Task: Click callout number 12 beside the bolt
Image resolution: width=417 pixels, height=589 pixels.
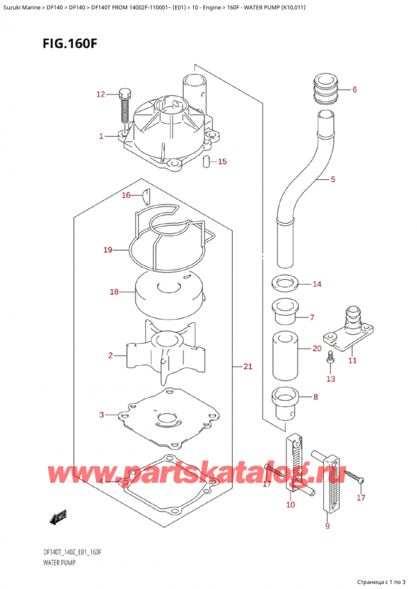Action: click(101, 94)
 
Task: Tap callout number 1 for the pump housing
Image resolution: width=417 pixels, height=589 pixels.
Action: click(101, 136)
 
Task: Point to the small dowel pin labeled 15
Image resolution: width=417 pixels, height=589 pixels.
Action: click(206, 163)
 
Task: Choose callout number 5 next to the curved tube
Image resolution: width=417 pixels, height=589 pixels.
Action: click(333, 181)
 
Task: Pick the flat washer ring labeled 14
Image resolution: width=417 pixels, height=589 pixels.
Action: click(284, 283)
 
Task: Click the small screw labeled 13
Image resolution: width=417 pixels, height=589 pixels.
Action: click(331, 358)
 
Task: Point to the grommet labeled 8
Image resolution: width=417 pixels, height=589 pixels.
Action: click(285, 401)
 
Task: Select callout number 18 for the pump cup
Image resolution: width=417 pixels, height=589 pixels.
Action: click(114, 292)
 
